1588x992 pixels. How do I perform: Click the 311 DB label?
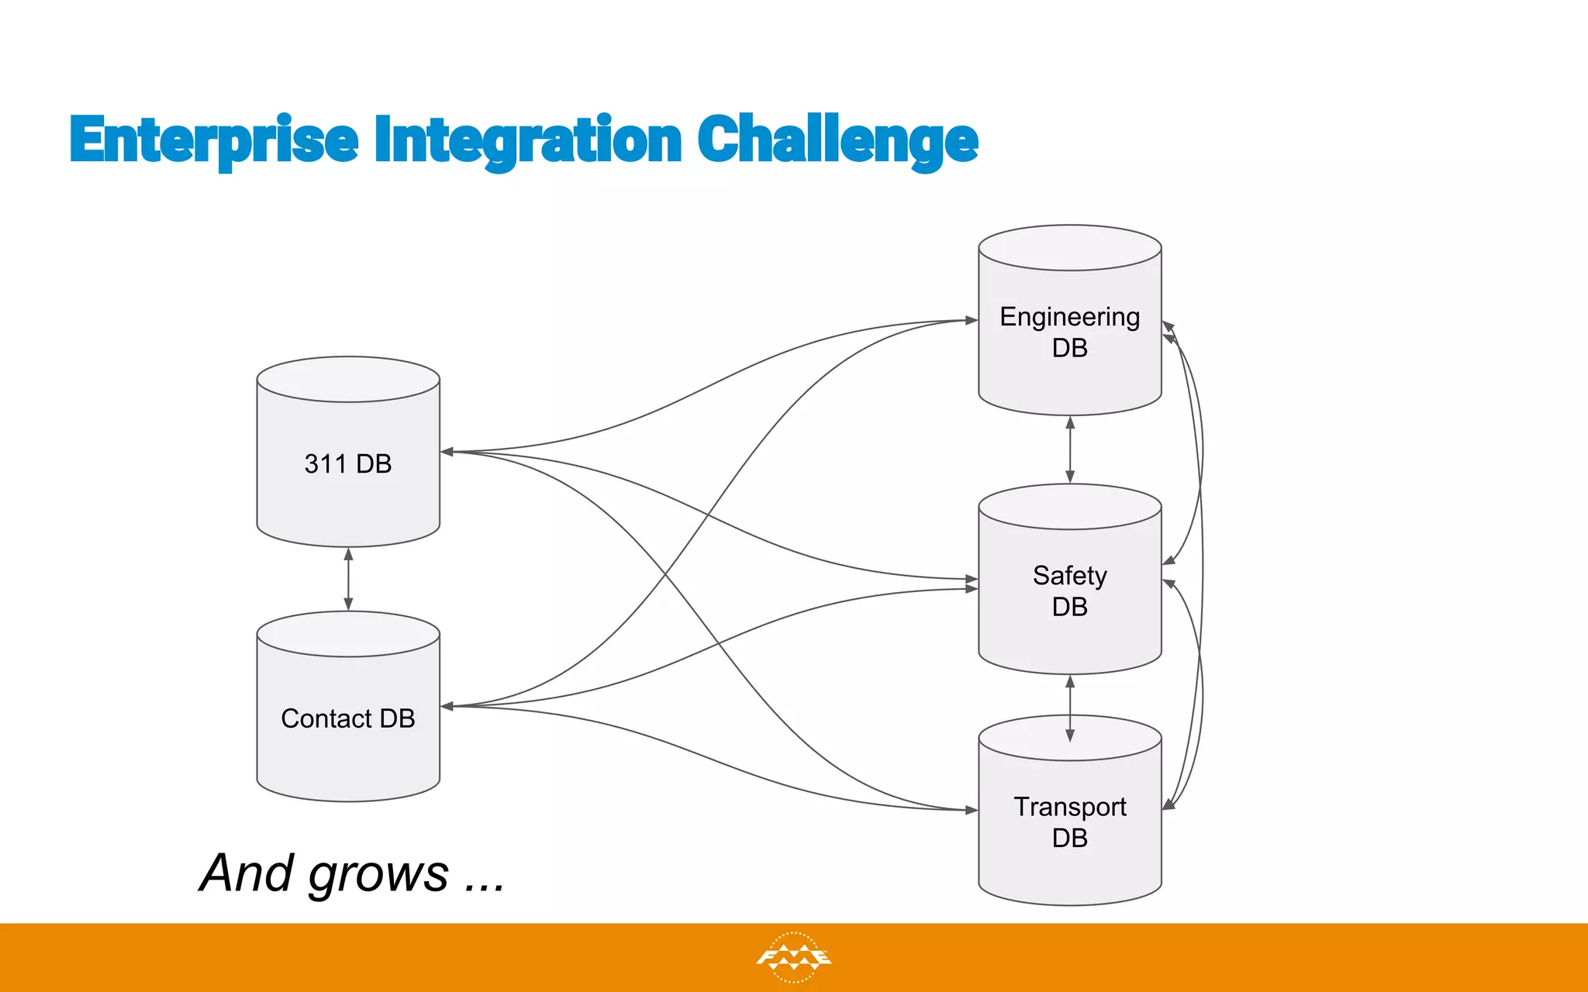[348, 463]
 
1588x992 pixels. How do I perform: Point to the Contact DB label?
[348, 718]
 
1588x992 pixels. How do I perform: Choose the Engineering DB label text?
[1069, 332]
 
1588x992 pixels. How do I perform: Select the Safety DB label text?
[1069, 591]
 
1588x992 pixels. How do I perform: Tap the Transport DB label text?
[1069, 821]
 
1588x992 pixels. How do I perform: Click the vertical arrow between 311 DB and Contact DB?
[348, 579]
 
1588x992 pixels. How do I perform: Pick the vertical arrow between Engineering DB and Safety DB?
[1070, 449]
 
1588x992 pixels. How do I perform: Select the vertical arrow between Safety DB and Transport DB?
[1070, 708]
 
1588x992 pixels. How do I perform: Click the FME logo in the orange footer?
[793, 958]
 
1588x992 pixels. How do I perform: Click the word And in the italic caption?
[247, 873]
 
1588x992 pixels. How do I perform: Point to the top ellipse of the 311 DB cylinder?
[348, 379]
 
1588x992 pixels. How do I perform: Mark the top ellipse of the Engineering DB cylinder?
[1069, 248]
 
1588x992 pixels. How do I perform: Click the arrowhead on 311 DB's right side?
[447, 452]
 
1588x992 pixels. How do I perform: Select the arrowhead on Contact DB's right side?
[447, 706]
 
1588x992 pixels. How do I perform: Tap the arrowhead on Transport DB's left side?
[971, 810]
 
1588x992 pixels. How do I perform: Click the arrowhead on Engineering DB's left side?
[971, 320]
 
